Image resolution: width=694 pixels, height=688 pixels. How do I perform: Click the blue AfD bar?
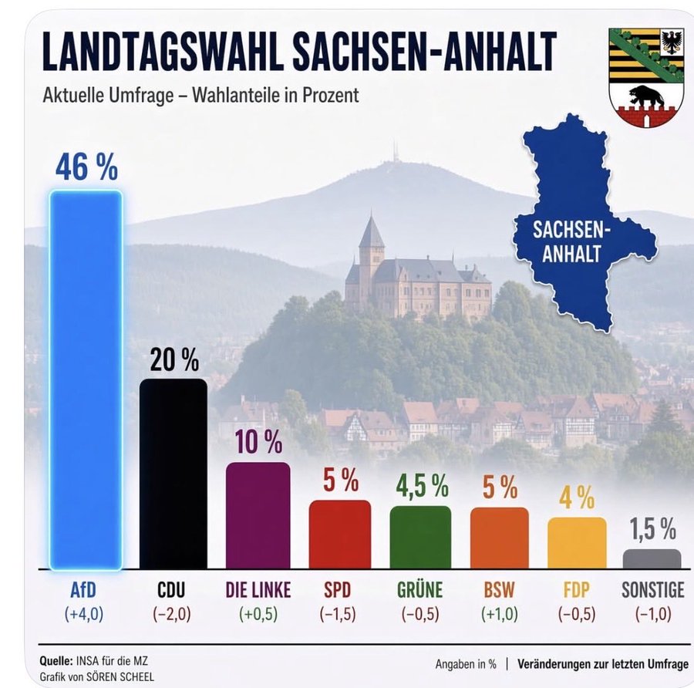point(86,379)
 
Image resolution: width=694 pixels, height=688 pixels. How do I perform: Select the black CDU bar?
point(173,474)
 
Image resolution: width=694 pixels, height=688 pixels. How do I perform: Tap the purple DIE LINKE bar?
point(258,516)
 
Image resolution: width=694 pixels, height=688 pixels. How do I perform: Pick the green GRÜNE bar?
point(420,538)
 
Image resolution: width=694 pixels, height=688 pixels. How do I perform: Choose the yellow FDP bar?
point(577,543)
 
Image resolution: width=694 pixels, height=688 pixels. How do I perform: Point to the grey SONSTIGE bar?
point(652,559)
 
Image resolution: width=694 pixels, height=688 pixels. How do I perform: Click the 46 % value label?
point(86,167)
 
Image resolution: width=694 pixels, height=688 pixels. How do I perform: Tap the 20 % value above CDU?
point(174,359)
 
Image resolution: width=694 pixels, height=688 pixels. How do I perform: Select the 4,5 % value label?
point(423,486)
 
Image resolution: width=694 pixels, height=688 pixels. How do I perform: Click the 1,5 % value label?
point(653,528)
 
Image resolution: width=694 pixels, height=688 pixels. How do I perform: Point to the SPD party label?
point(337,590)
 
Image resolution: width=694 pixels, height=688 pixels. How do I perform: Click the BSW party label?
point(499,590)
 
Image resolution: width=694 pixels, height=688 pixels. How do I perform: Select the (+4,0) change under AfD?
point(84,614)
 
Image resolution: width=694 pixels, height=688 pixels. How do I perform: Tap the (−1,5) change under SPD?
point(338,614)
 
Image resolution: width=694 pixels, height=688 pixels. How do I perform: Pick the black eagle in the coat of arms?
point(672,42)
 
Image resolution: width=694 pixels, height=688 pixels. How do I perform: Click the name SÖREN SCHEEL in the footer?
point(120,677)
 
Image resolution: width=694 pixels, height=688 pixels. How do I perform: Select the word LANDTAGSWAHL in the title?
point(163,51)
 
